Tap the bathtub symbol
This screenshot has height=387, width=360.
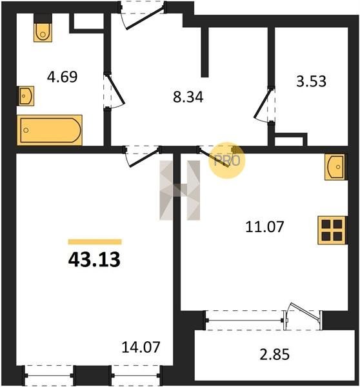[x=50, y=130]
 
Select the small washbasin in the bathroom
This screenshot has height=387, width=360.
[x=26, y=95]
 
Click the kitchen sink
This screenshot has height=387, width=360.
[x=335, y=167]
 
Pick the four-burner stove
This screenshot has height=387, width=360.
[x=332, y=230]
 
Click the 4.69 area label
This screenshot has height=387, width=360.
[x=62, y=77]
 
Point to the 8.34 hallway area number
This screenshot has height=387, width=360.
[x=188, y=97]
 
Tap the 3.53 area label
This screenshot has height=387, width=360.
[x=311, y=81]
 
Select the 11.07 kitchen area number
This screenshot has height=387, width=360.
[x=265, y=227]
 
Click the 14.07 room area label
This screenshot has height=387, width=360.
[x=141, y=347]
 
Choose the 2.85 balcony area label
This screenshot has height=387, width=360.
[x=274, y=354]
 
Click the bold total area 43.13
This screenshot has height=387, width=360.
[x=94, y=260]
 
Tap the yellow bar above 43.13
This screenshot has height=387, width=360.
[x=95, y=242]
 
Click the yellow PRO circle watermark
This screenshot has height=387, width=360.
[x=227, y=160]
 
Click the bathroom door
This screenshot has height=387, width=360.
[x=114, y=91]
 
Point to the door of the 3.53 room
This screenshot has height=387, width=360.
[x=265, y=104]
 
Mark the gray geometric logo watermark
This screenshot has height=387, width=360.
[x=180, y=190]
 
